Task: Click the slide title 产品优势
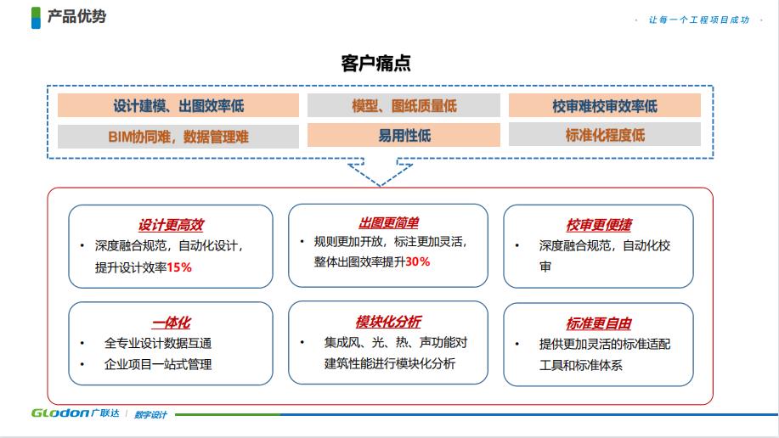76,16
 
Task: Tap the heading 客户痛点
376,63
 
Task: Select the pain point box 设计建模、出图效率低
178,105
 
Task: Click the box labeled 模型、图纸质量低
404,105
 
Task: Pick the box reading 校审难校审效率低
605,105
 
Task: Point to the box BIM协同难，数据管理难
178,136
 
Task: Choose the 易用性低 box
404,135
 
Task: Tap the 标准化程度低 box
605,135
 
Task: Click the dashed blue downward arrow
380,171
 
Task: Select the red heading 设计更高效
171,225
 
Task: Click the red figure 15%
179,267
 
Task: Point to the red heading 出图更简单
389,223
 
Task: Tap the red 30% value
418,261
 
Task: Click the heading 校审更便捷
599,225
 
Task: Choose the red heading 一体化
172,323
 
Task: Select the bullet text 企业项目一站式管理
158,364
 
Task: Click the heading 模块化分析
388,322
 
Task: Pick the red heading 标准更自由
599,323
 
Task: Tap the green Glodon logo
60,413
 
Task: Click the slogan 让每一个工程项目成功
698,20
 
